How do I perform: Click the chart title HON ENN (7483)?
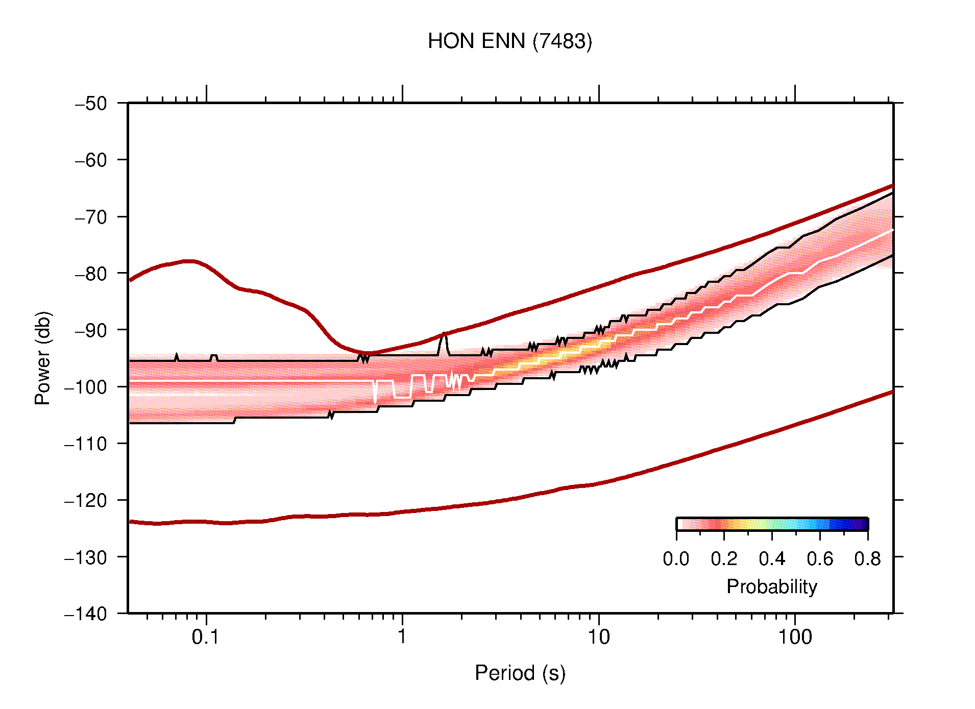click(509, 41)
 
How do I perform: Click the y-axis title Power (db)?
click(43, 358)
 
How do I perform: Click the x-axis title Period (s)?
click(520, 673)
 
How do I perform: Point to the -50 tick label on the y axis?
click(91, 104)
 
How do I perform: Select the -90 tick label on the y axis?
click(91, 330)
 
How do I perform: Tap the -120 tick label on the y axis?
click(86, 500)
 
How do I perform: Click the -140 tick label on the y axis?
click(86, 614)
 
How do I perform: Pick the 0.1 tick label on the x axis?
click(206, 637)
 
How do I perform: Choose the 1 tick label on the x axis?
click(402, 637)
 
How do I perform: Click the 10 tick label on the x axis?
click(598, 637)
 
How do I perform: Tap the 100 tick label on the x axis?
click(794, 637)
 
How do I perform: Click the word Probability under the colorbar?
click(771, 586)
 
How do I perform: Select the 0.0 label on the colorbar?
click(676, 559)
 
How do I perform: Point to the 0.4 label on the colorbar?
click(772, 559)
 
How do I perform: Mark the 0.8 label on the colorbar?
click(867, 559)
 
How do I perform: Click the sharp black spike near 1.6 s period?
click(444, 334)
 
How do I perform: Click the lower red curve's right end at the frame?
click(891, 392)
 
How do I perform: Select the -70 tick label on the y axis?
click(91, 217)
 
